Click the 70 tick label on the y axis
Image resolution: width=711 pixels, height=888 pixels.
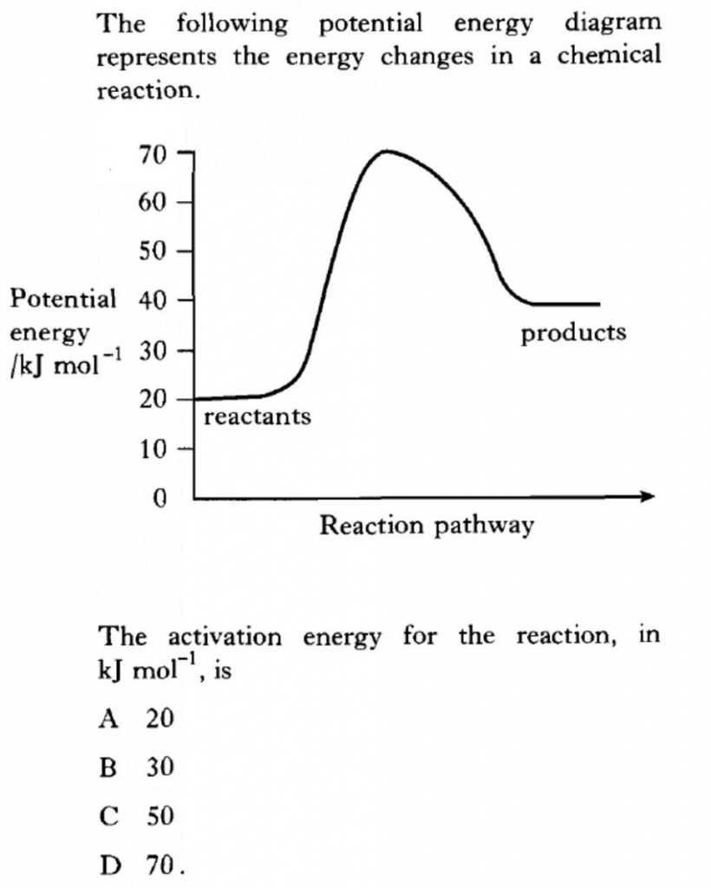coord(153,157)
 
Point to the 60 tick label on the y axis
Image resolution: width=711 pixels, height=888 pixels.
coord(153,204)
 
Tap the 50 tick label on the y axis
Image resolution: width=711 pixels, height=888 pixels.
coord(153,252)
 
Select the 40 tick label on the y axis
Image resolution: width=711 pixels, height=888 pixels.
coord(153,301)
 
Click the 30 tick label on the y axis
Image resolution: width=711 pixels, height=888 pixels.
coord(153,351)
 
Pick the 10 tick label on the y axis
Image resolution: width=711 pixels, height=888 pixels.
coord(153,450)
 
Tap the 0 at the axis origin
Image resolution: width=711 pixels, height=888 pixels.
coord(159,499)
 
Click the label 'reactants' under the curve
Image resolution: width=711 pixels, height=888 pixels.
coord(258,417)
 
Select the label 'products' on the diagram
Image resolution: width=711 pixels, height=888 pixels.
coord(573,332)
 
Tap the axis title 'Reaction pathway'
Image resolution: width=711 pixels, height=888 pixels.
coord(427,526)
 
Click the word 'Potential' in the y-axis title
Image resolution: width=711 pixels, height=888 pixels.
coord(62,300)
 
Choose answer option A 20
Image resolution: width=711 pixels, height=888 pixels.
coord(139,719)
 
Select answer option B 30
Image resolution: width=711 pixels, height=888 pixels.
coord(139,767)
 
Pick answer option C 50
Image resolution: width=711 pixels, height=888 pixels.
coord(139,817)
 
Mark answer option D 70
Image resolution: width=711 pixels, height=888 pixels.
coord(139,865)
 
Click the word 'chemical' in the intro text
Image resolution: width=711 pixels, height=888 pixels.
coord(608,56)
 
